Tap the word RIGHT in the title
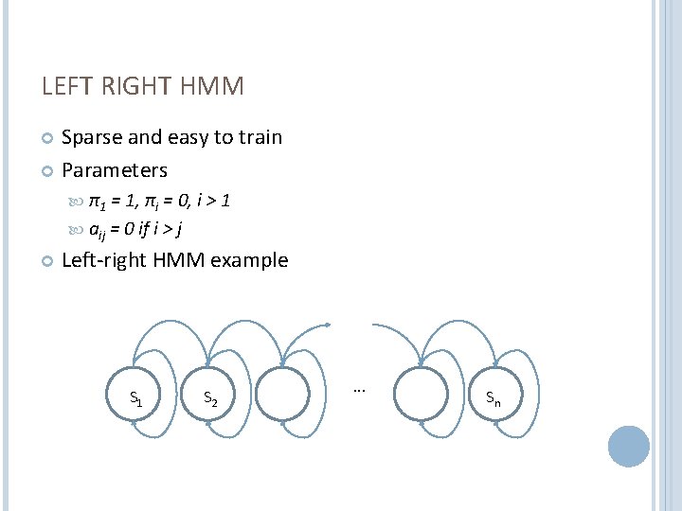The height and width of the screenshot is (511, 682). pyautogui.click(x=138, y=87)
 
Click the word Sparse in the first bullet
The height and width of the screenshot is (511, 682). pyautogui.click(x=91, y=137)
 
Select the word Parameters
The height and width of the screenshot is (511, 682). pyautogui.click(x=115, y=170)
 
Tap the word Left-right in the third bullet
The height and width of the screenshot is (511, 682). pyautogui.click(x=104, y=260)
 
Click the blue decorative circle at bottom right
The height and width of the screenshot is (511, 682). pyautogui.click(x=628, y=446)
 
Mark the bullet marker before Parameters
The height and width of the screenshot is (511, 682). pyautogui.click(x=47, y=171)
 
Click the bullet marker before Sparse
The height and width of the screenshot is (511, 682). pyautogui.click(x=47, y=138)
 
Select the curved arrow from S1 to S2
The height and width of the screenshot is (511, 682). pyautogui.click(x=181, y=326)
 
